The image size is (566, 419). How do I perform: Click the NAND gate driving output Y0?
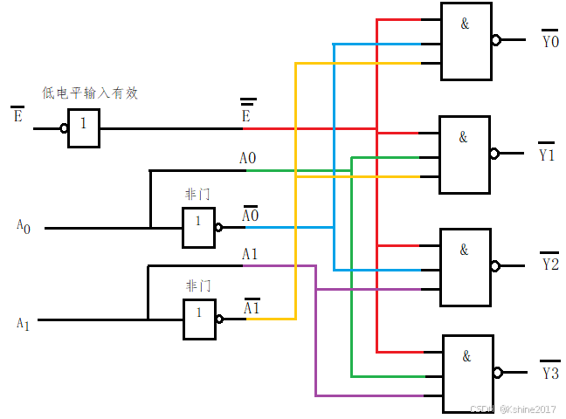[466, 40]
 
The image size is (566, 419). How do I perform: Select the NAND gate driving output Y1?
[464, 154]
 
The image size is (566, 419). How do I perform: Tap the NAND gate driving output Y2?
[465, 266]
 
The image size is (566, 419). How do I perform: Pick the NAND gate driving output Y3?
[467, 373]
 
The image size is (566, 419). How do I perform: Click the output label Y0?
[549, 40]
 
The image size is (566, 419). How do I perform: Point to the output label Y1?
[547, 154]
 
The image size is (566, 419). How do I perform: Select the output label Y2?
[549, 263]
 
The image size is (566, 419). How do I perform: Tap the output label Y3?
[549, 372]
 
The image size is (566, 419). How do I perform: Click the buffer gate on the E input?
[84, 128]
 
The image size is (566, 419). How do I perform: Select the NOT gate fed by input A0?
[198, 228]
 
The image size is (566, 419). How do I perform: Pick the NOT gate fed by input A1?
[198, 319]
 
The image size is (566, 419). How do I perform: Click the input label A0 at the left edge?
[24, 226]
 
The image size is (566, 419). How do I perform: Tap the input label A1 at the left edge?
[24, 324]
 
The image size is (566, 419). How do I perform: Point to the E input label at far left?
[17, 114]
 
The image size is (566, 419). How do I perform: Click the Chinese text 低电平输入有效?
[90, 93]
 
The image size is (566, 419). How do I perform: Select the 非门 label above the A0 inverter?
[197, 194]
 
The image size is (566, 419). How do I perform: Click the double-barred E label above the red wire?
[247, 113]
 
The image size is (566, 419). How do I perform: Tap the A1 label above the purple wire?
[249, 254]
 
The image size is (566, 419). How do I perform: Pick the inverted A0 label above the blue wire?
[250, 215]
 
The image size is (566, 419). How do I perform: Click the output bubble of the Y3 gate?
[498, 373]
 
